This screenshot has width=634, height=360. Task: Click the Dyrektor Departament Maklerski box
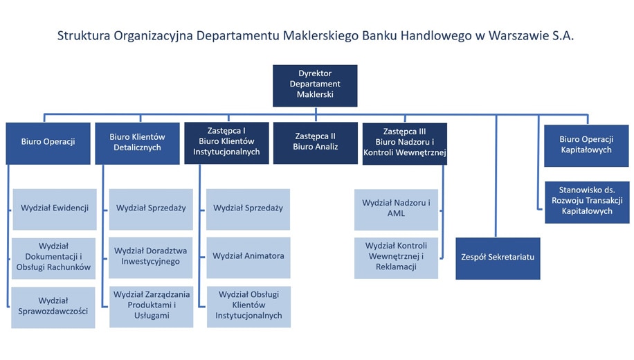click(315, 84)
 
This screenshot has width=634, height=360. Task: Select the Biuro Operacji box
click(48, 143)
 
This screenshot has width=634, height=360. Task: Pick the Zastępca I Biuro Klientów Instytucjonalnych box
click(226, 143)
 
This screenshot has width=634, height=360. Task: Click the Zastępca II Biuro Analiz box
click(315, 143)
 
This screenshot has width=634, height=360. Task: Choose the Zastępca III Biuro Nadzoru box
click(404, 143)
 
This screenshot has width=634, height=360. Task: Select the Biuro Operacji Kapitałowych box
click(586, 145)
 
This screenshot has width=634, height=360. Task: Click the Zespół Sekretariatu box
click(497, 258)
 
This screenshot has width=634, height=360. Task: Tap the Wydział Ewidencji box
click(54, 208)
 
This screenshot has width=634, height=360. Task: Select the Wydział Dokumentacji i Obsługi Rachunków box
click(54, 258)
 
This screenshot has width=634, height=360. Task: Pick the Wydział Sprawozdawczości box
click(54, 306)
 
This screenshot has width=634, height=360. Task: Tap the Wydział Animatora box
click(248, 256)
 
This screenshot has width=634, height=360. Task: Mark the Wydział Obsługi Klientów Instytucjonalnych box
click(248, 305)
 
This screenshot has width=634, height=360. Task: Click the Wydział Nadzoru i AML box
click(396, 208)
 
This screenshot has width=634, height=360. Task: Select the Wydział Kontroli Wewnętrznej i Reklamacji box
click(396, 257)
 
